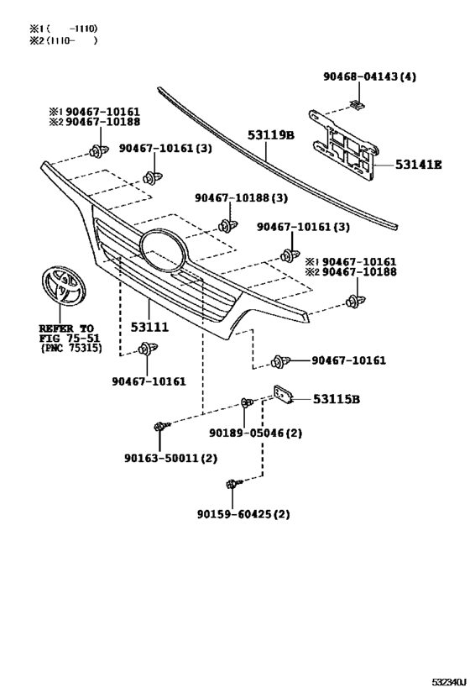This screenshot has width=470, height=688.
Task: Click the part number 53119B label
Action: coord(270,134)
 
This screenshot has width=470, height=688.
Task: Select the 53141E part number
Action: coord(418,165)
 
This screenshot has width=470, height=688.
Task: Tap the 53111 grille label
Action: coord(149,327)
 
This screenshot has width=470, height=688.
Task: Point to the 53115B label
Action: coord(337,399)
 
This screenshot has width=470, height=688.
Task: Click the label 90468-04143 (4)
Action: coord(369,76)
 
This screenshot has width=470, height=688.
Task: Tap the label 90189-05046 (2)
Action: coord(256,433)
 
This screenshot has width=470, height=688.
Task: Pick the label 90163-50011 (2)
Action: coord(170,458)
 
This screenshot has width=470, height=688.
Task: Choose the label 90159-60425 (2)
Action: coord(243,513)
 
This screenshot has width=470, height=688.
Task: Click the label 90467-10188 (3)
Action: coord(241,198)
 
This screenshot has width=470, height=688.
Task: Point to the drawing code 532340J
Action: coord(448,682)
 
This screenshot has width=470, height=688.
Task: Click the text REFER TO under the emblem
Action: coord(66,328)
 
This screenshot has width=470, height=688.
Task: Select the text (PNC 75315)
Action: coord(71,348)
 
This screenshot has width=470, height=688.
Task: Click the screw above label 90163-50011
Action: coord(161,426)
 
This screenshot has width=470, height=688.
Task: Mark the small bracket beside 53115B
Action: coord(283,393)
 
